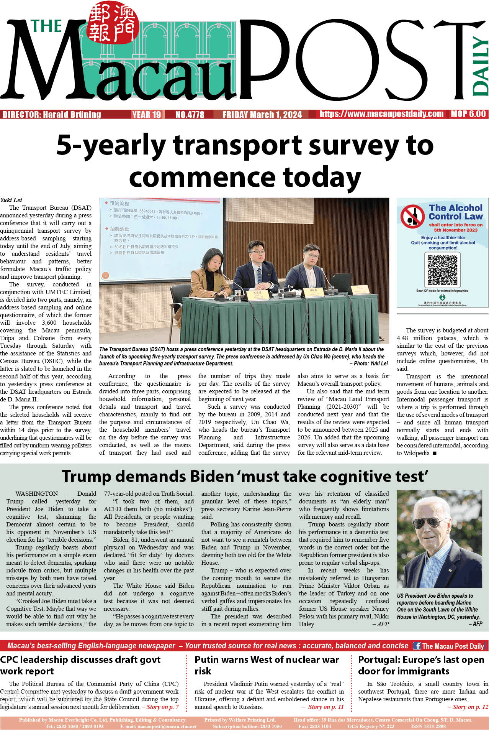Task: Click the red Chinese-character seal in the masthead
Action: [112, 22]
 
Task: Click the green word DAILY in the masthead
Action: [480, 66]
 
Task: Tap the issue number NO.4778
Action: [190, 115]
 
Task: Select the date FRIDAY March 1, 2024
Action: [262, 115]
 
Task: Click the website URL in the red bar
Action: [381, 114]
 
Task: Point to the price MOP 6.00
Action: [468, 114]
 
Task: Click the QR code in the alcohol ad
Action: [442, 270]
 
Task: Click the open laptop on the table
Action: [340, 283]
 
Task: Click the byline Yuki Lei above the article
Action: [11, 200]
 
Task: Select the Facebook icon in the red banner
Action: [417, 646]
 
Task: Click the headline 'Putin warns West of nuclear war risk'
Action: [267, 665]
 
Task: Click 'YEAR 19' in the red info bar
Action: [147, 115]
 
